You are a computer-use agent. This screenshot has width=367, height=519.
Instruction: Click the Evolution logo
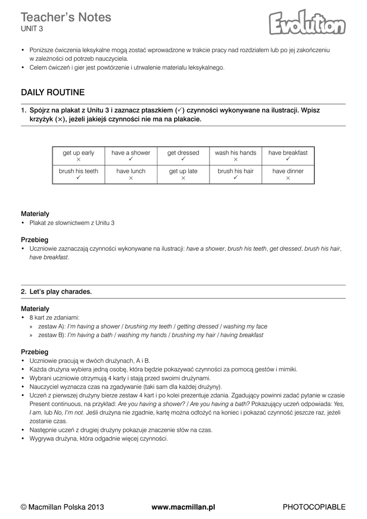[x=307, y=24]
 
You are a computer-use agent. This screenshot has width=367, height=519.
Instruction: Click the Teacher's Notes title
[x=66, y=17]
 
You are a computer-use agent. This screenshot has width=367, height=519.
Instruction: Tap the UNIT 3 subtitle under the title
[x=32, y=29]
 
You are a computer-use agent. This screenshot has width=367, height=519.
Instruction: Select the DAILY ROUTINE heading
[x=53, y=92]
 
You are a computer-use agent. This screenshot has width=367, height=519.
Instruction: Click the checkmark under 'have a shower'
[x=131, y=160]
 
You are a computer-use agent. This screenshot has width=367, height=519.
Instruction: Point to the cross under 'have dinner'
[x=288, y=178]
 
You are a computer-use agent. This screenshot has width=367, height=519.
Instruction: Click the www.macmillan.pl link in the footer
[x=183, y=507]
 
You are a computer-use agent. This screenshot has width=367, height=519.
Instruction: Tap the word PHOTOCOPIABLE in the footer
[x=314, y=507]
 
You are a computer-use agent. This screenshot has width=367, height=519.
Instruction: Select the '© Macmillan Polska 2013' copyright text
[x=62, y=507]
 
